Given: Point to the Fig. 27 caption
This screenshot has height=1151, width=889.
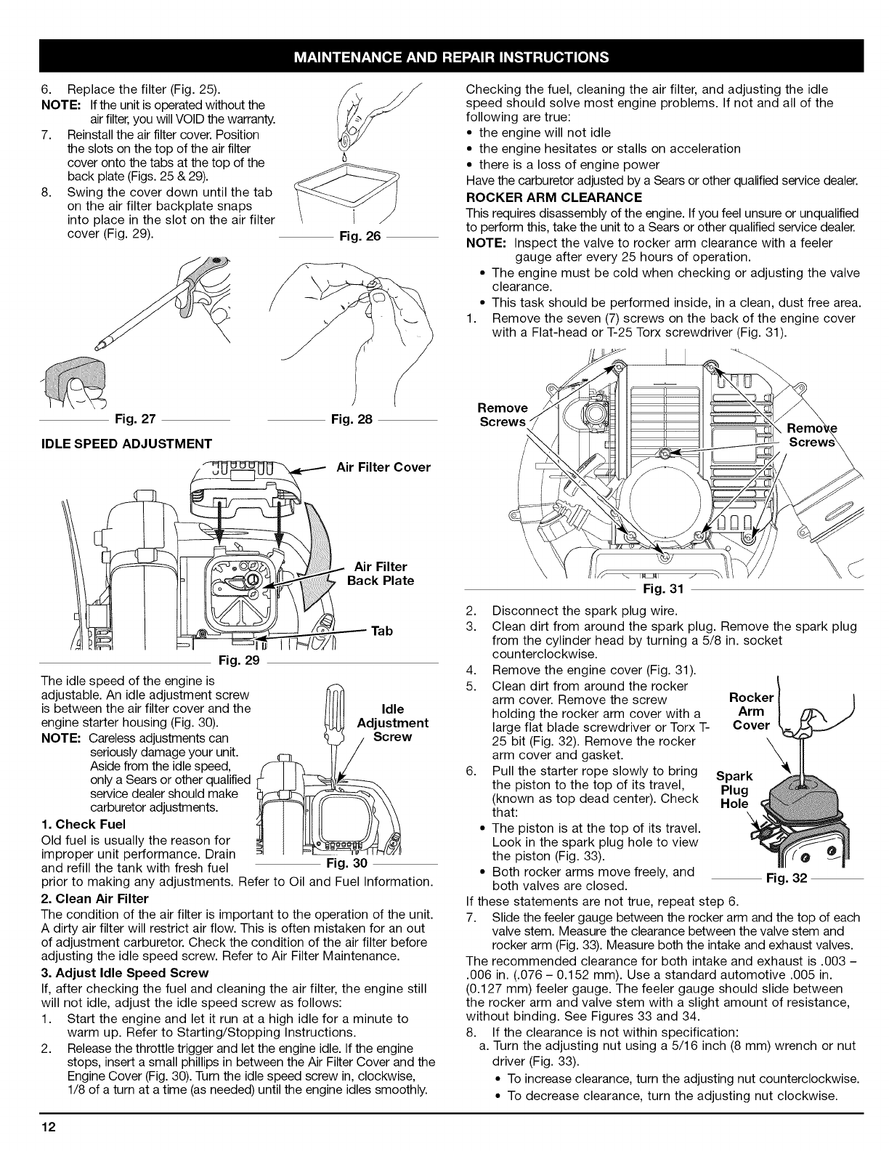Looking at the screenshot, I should coord(136,419).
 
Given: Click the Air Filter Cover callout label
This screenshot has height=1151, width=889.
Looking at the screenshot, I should coord(383,467).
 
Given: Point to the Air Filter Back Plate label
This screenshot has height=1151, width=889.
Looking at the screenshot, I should coord(381,573).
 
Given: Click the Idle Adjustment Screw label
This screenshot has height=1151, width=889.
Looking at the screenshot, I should coord(393,722).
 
